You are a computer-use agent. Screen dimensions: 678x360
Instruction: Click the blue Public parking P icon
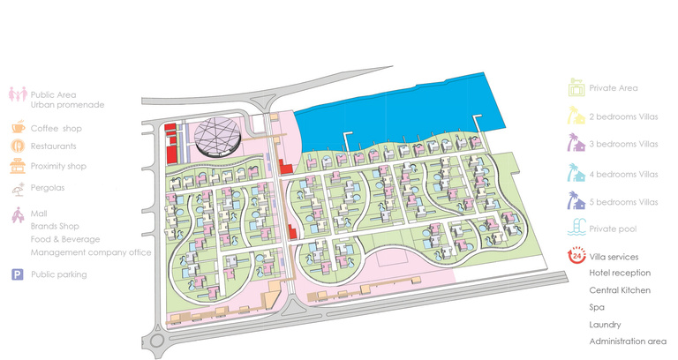coord(18,275)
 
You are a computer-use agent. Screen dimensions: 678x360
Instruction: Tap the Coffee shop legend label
coord(56,126)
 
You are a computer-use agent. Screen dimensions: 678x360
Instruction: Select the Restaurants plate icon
coord(18,146)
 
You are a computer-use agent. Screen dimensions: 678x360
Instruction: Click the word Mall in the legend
coord(38,214)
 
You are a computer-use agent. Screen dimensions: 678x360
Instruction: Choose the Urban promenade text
coord(67,105)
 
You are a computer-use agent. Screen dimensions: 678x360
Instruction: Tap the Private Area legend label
coord(614,88)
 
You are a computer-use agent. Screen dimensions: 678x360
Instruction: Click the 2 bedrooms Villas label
coord(623,116)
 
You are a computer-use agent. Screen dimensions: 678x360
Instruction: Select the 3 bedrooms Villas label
coord(623,144)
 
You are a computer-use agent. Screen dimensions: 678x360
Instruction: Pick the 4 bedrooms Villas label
coord(623,174)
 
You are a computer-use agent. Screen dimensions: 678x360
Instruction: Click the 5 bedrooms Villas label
coord(623,202)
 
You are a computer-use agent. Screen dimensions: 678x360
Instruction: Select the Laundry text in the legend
coord(604,324)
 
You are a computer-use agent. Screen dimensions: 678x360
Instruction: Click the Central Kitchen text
coord(620,290)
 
